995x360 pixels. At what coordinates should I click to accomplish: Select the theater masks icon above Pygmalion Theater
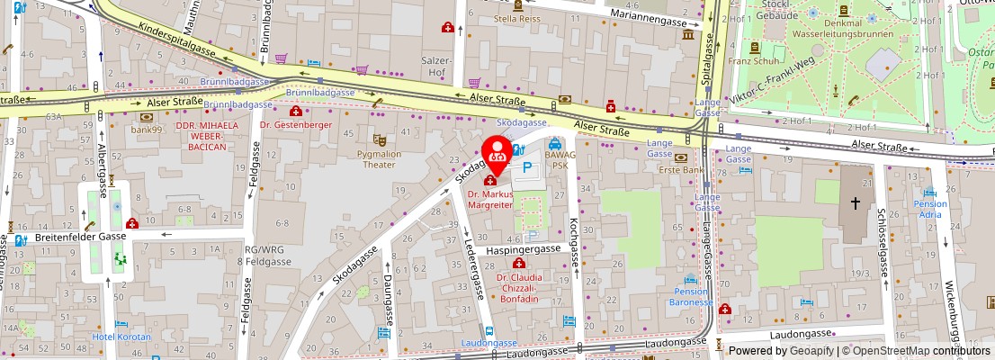(x=380, y=140)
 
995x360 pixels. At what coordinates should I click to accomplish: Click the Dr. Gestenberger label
(x=295, y=124)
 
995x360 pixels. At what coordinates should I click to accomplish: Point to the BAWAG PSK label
(x=556, y=160)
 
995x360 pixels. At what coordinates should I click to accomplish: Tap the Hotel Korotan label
(x=122, y=337)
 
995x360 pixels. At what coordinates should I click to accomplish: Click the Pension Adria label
(x=930, y=209)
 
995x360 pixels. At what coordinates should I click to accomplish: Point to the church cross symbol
(x=854, y=205)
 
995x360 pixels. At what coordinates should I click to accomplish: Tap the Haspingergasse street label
(x=524, y=248)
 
